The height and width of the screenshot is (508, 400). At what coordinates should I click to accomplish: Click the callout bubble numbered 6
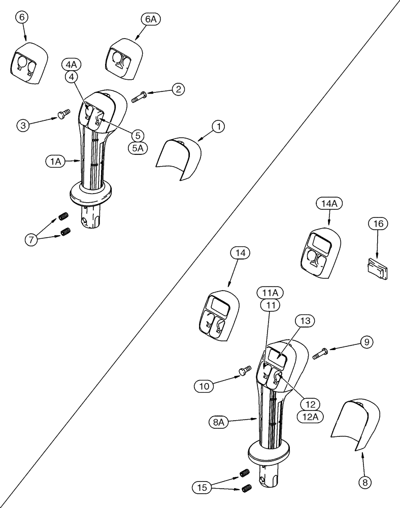(x=21, y=18)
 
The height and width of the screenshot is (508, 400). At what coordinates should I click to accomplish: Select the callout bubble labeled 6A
(x=151, y=19)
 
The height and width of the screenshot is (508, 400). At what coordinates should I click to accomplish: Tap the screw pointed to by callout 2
(x=139, y=97)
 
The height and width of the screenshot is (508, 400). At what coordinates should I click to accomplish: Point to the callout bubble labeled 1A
(x=55, y=162)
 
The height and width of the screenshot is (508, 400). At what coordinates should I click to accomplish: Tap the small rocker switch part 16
(x=376, y=268)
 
